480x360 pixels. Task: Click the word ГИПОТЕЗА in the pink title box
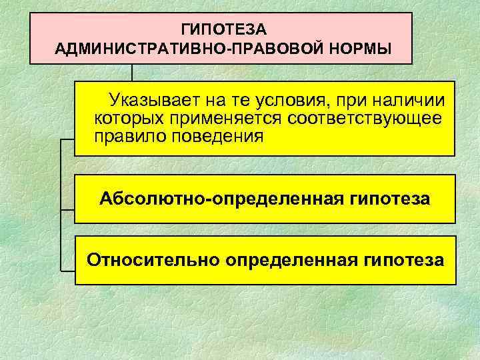[x=223, y=29]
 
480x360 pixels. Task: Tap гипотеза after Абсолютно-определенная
[x=389, y=199]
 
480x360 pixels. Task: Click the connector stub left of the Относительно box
[x=67, y=271]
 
